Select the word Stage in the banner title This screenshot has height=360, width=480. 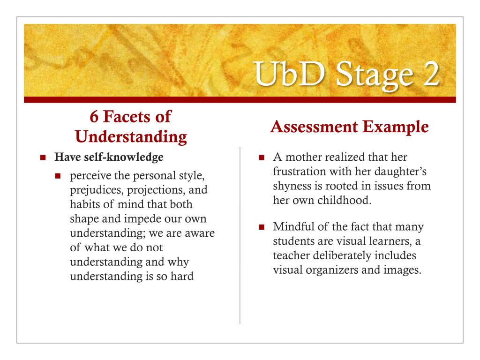tap(375, 76)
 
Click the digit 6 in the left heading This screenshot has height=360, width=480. tap(94, 117)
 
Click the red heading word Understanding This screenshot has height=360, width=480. tap(131, 136)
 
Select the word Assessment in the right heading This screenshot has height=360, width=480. tap(314, 127)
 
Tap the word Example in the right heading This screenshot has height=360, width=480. tap(396, 127)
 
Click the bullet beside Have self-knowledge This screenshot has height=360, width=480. tap(43, 157)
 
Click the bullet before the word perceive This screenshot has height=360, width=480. tap(58, 176)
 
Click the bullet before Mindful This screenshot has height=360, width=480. tap(262, 227)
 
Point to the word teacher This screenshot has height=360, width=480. tap(291, 255)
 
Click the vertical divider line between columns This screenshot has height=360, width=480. tap(240, 235)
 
